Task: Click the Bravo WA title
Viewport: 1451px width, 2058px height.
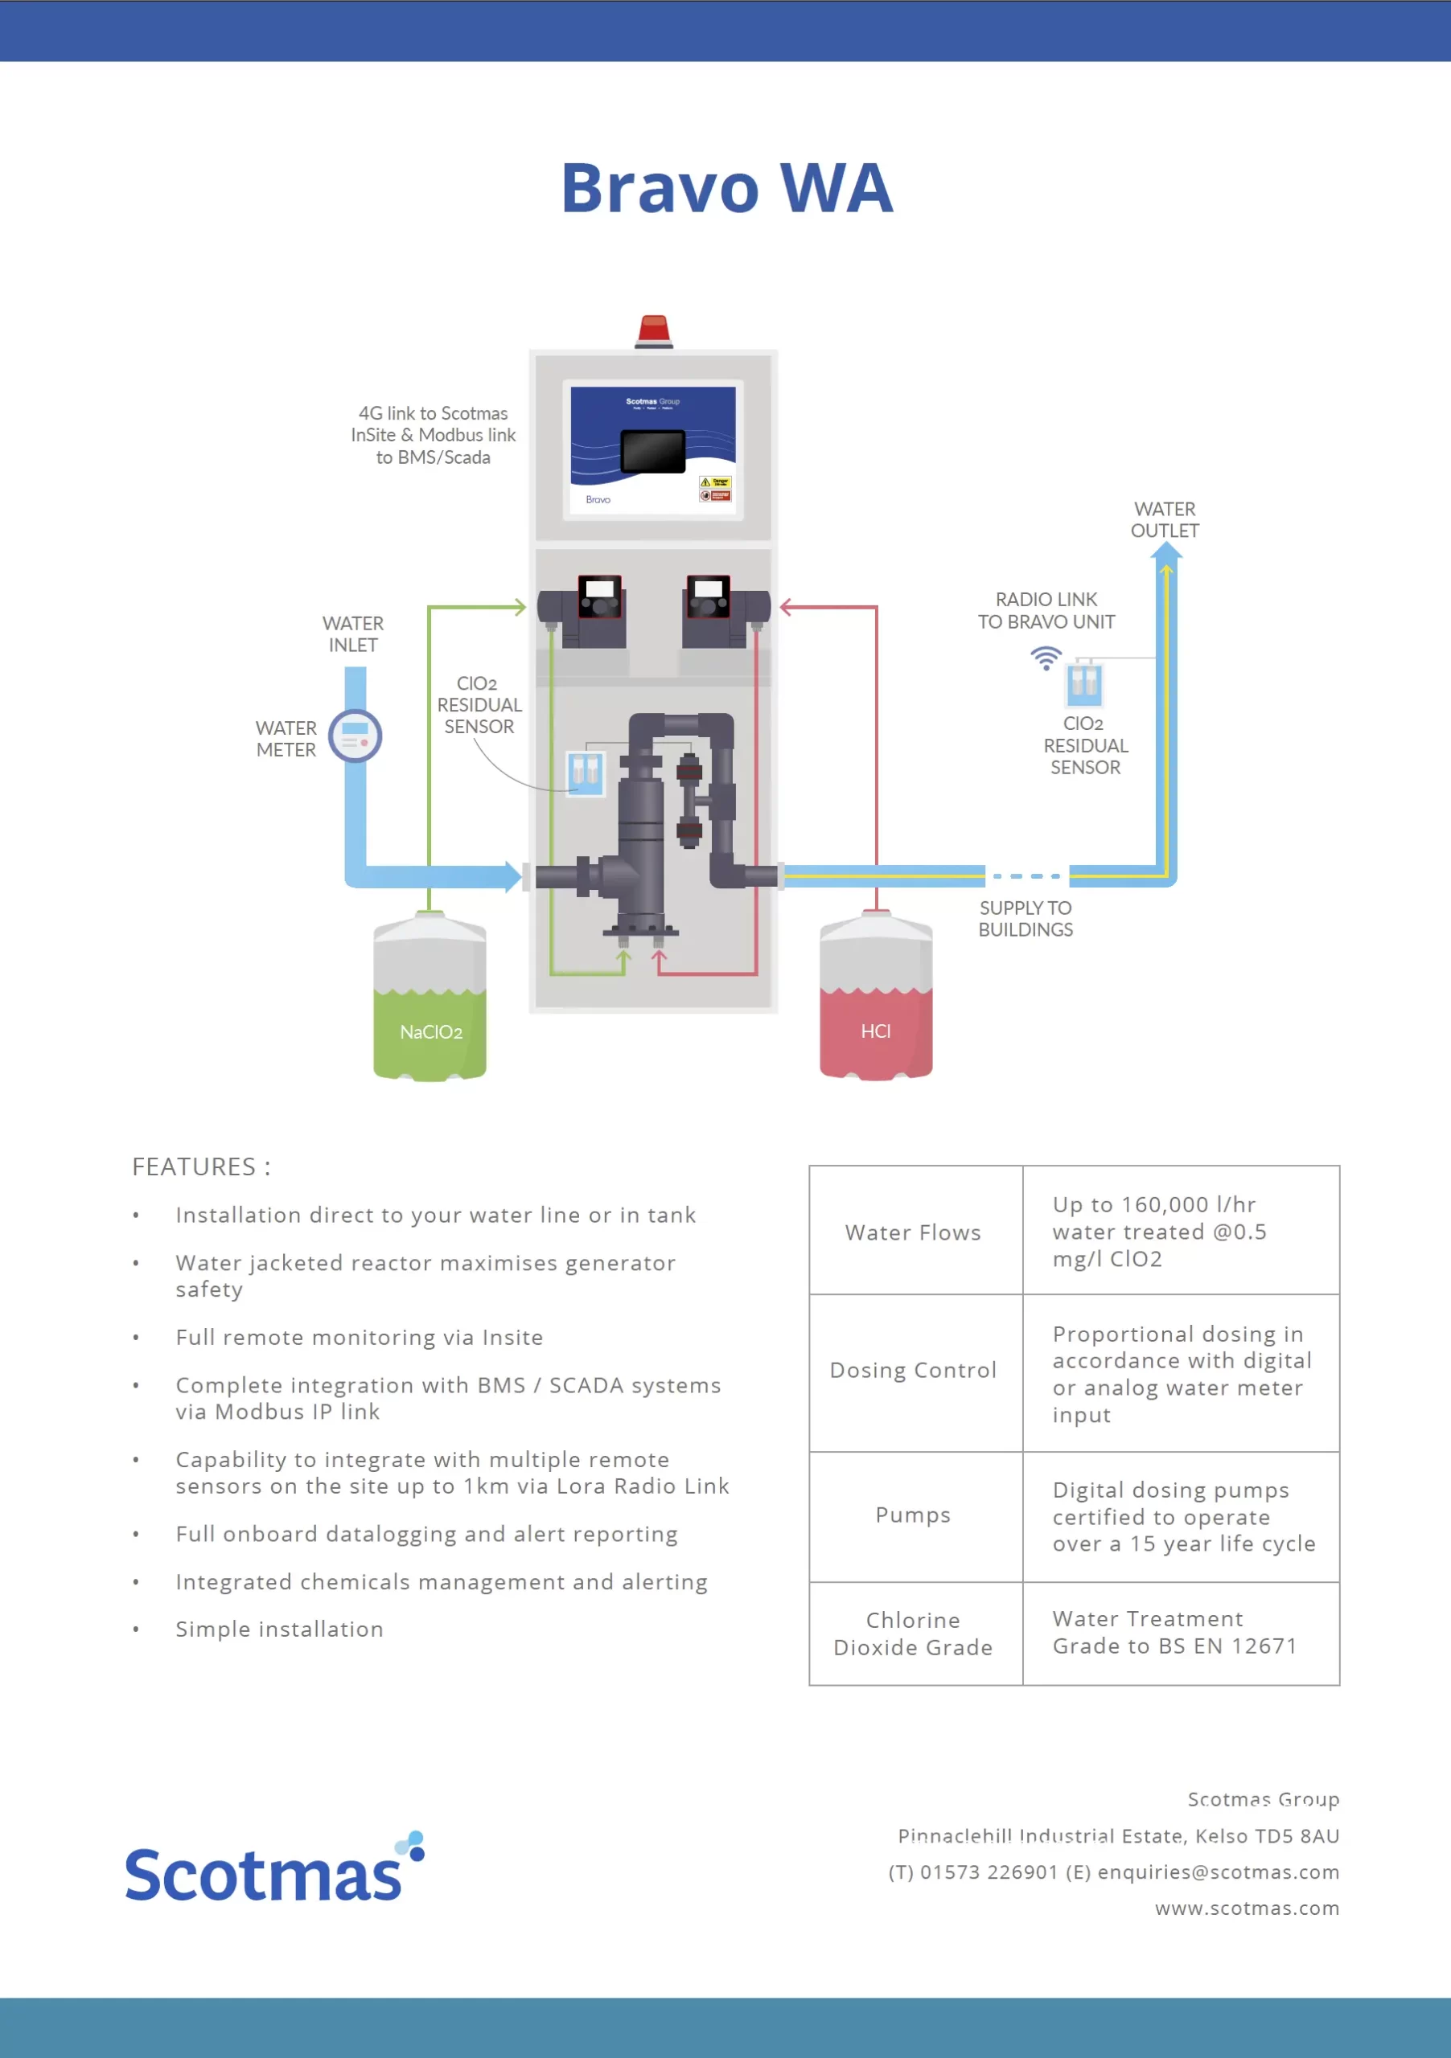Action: pos(726,188)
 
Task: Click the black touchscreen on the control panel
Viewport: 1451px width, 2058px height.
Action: pos(653,451)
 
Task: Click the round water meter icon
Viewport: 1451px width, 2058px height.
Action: pos(356,736)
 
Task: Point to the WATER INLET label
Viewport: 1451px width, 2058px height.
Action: pos(352,633)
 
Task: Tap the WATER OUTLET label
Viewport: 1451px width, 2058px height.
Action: pos(1164,520)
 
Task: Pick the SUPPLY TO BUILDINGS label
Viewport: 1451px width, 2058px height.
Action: pos(1025,919)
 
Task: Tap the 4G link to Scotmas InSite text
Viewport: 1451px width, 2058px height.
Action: pos(434,435)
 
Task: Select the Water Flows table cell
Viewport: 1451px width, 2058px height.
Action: pos(913,1232)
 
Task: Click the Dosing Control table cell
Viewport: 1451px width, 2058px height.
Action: pos(913,1371)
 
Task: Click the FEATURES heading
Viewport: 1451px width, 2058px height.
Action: pos(201,1166)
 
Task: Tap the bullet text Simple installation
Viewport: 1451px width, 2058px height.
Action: pos(279,1629)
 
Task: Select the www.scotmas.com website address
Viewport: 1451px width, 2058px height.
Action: pos(1247,1908)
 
